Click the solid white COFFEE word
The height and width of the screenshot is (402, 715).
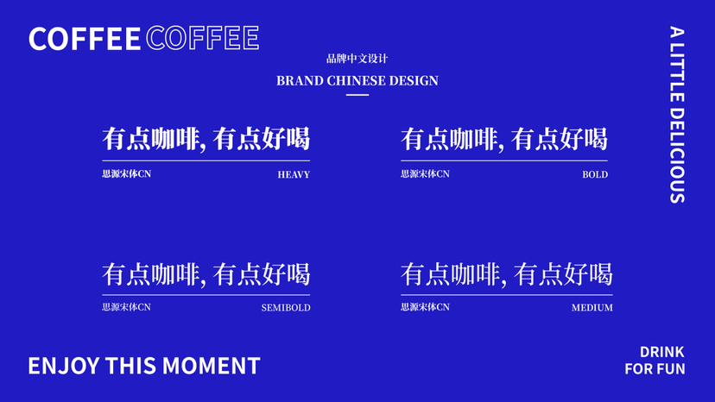coord(85,38)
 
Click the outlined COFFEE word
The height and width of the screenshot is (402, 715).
coord(203,38)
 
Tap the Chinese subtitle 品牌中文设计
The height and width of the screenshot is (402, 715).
coord(357,59)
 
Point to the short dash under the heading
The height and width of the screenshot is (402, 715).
coord(357,95)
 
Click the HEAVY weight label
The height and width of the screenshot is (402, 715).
coord(294,174)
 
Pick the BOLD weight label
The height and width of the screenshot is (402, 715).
coord(595,174)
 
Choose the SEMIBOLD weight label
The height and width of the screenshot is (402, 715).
coord(286,308)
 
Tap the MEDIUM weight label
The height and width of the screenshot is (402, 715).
coord(592,308)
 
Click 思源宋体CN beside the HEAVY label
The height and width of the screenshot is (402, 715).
coord(127,173)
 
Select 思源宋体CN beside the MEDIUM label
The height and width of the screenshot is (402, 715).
coord(426,307)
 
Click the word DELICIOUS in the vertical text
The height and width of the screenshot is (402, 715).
coord(677,155)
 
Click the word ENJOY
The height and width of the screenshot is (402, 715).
coord(64,366)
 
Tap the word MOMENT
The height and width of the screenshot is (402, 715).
coord(211,366)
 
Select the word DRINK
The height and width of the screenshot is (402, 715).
coord(662,352)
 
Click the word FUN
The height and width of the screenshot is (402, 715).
coord(670,368)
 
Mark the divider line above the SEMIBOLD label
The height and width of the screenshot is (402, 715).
coord(206,295)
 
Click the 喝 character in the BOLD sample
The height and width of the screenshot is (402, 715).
coord(595,139)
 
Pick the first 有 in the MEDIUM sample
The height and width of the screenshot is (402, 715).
coord(413,274)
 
